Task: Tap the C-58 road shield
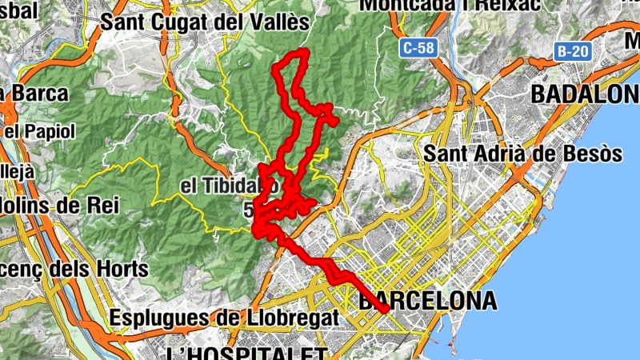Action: click(x=418, y=48)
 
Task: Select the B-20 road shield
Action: click(x=573, y=52)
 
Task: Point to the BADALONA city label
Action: click(x=585, y=94)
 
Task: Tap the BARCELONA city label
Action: click(x=428, y=301)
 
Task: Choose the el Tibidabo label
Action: click(x=228, y=186)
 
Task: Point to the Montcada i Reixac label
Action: click(x=448, y=5)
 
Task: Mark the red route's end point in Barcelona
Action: click(x=386, y=309)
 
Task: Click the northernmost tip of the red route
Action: click(x=302, y=53)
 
